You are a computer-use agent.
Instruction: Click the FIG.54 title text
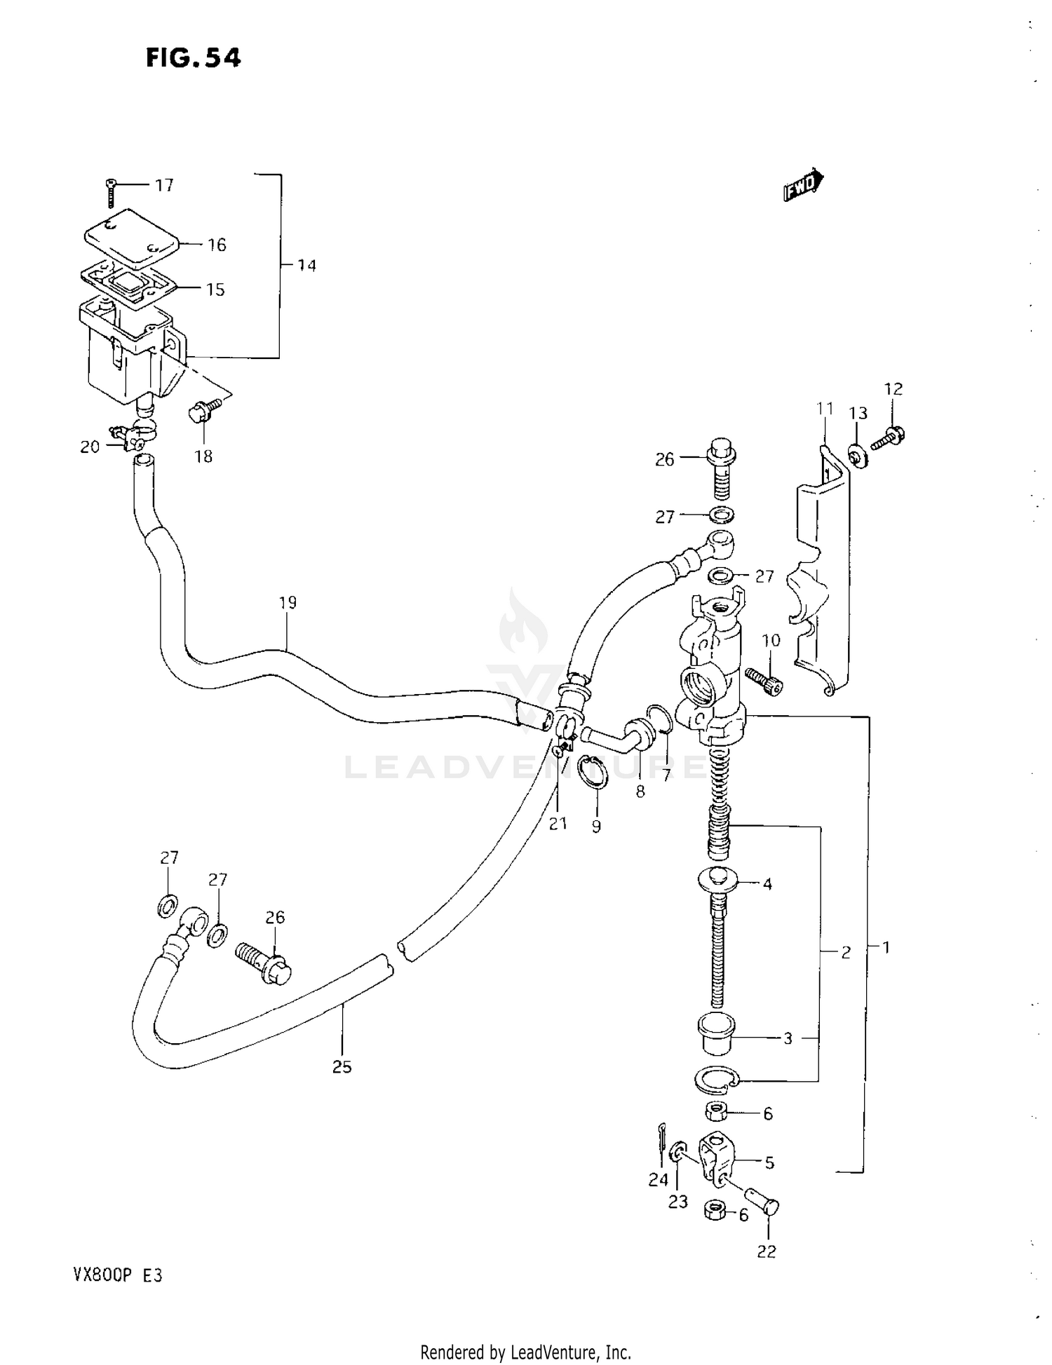(x=193, y=58)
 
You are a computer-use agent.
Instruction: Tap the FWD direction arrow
(x=802, y=184)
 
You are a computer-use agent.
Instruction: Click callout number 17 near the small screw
(x=164, y=185)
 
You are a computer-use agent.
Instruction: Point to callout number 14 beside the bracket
(x=306, y=265)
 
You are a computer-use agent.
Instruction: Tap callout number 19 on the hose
(x=288, y=602)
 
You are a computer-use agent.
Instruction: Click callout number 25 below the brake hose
(x=342, y=1066)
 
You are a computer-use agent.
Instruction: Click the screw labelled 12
(x=888, y=439)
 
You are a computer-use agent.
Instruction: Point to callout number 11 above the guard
(x=825, y=408)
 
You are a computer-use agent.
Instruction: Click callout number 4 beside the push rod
(x=767, y=884)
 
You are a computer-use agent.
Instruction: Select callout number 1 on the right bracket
(x=886, y=947)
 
